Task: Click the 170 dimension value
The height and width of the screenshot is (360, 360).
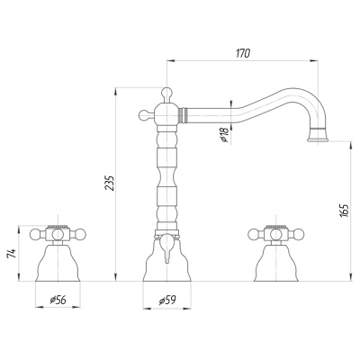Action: pos(243,53)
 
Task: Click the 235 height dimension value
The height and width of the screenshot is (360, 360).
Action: pos(110,184)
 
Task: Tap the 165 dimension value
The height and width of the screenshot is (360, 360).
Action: pos(345,211)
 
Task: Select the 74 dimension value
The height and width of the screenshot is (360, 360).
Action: pos(12,254)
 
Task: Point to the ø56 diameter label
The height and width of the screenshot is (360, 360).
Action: pos(58,300)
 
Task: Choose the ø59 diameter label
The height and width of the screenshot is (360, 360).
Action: pos(167,300)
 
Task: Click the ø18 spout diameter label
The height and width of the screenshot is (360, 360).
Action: pos(224,134)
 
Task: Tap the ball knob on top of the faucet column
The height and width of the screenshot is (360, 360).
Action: pos(166,92)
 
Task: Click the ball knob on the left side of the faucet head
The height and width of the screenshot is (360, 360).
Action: pos(144,114)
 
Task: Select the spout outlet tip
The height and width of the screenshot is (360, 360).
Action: pos(318,139)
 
